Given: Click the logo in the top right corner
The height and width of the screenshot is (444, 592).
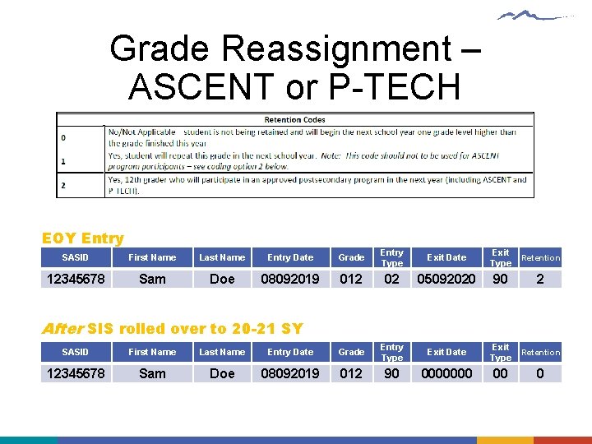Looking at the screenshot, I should [x=537, y=16].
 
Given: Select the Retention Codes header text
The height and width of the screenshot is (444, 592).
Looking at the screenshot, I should [x=294, y=119].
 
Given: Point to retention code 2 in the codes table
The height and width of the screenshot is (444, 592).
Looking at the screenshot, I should [x=63, y=185].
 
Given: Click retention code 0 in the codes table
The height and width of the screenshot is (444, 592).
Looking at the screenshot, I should [x=63, y=137].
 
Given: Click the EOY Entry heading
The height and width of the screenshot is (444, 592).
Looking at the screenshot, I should [x=82, y=238].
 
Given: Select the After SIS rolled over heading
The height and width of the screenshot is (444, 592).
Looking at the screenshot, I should [x=172, y=329].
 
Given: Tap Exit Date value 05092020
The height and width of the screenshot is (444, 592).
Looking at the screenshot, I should [x=446, y=279].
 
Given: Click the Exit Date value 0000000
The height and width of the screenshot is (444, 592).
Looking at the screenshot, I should [x=446, y=373].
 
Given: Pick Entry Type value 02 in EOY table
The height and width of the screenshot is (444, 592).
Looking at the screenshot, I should [x=392, y=279].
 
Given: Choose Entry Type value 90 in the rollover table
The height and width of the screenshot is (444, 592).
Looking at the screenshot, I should [x=392, y=373].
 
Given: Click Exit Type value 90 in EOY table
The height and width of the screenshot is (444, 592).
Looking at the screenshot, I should [x=500, y=279].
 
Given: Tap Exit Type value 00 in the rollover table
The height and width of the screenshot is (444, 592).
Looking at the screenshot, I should [x=500, y=373].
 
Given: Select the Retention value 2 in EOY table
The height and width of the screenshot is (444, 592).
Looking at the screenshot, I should [x=540, y=279].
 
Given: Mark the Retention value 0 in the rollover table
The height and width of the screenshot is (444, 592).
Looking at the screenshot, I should [x=540, y=373].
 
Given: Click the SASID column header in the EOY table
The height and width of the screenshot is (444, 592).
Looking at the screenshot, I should [x=75, y=257].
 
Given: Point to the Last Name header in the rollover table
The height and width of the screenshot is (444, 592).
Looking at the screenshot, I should [x=222, y=352].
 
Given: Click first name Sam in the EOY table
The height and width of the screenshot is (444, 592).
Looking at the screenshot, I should [x=152, y=279].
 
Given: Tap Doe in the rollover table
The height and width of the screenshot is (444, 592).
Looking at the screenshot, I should [x=222, y=373].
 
